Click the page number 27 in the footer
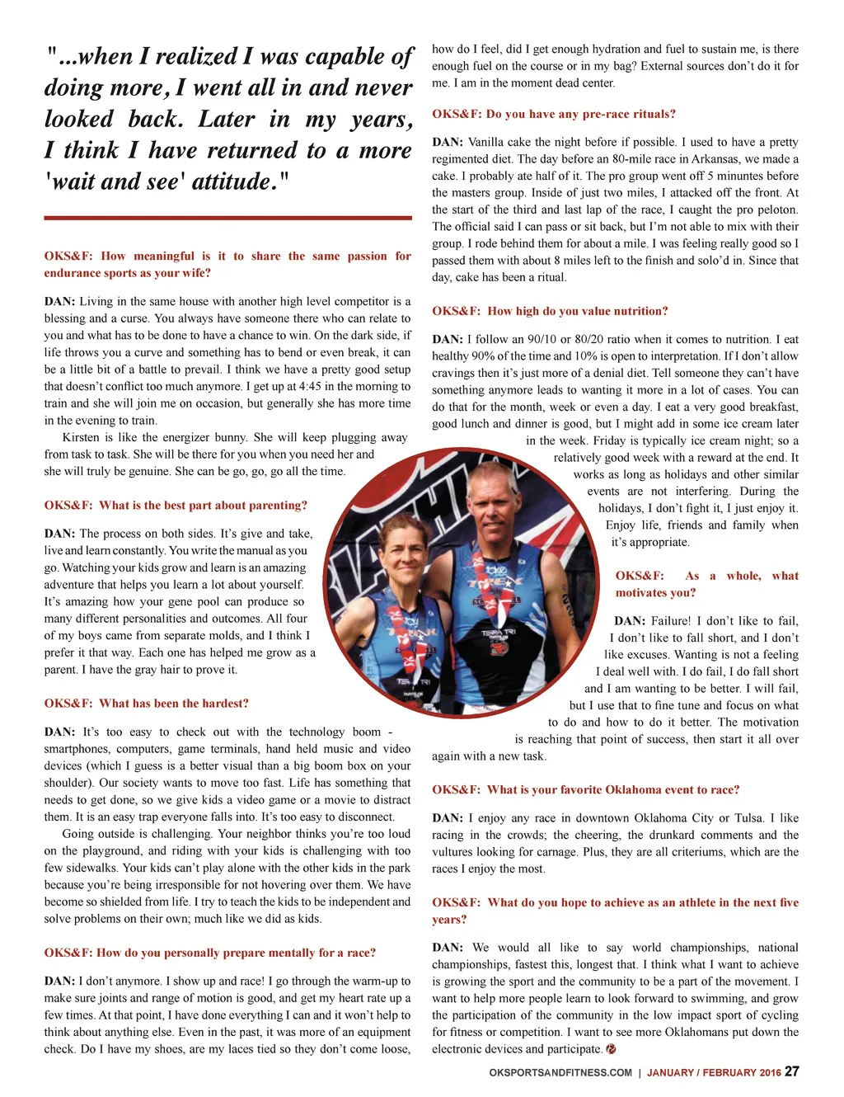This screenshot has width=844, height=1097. tap(791, 1071)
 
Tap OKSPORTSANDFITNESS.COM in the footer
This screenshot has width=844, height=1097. tap(560, 1073)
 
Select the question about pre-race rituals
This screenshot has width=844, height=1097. tap(554, 114)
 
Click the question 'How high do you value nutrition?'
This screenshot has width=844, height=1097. tap(550, 311)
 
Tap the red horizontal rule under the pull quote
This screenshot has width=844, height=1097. tap(227, 218)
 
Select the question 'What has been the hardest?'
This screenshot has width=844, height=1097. tap(146, 704)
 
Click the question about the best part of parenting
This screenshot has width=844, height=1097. tap(176, 505)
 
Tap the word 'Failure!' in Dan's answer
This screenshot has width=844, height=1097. tap(670, 620)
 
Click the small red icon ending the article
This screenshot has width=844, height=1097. tap(611, 1049)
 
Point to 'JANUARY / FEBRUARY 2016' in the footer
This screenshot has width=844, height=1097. tap(713, 1073)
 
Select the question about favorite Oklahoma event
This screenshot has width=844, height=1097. tap(585, 789)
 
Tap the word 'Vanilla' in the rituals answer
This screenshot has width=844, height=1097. tap(485, 142)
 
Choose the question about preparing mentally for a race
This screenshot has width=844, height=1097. tap(209, 953)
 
